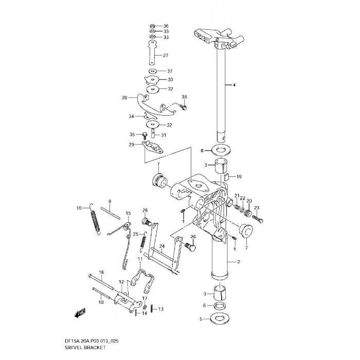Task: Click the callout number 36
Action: click(166, 26)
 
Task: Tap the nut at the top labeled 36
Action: click(153, 26)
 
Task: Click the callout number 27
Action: click(166, 56)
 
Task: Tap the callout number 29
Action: click(132, 145)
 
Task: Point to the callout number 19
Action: click(239, 176)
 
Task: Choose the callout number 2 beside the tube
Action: click(238, 262)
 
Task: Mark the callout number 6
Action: click(205, 305)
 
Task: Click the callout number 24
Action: click(161, 246)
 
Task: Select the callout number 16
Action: click(101, 272)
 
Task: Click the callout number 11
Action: click(139, 259)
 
